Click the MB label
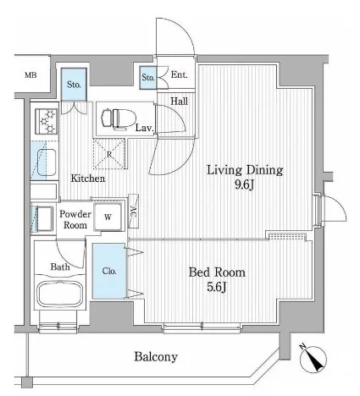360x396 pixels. click(30, 75)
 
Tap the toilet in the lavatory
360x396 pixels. click(119, 119)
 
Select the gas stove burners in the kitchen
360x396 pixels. click(47, 122)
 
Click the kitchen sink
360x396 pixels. click(47, 162)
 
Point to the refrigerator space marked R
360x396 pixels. click(109, 154)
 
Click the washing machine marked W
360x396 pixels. click(108, 217)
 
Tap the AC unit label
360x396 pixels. click(133, 211)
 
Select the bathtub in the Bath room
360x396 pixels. click(60, 294)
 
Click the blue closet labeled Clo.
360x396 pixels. click(109, 271)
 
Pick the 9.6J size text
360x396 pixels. click(245, 184)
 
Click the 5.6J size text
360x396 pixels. click(217, 287)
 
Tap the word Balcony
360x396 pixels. click(156, 357)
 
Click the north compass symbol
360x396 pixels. click(313, 359)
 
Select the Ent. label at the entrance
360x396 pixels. click(179, 74)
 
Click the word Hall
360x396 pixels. click(179, 101)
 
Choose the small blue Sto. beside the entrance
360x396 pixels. click(148, 78)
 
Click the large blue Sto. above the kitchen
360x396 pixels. click(74, 85)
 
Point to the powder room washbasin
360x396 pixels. click(45, 219)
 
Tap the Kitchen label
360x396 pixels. click(88, 179)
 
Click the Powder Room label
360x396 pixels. click(75, 219)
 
